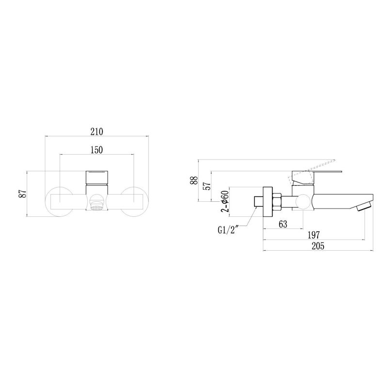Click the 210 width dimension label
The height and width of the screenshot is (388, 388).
[96, 131]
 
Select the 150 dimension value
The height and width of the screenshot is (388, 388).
[96, 150]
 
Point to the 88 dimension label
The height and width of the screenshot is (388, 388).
[194, 180]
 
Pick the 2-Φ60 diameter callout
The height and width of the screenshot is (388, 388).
[224, 201]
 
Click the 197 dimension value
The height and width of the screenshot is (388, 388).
[314, 235]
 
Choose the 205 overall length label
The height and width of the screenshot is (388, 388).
[318, 246]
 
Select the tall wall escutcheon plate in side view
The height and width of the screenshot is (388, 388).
[267, 201]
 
